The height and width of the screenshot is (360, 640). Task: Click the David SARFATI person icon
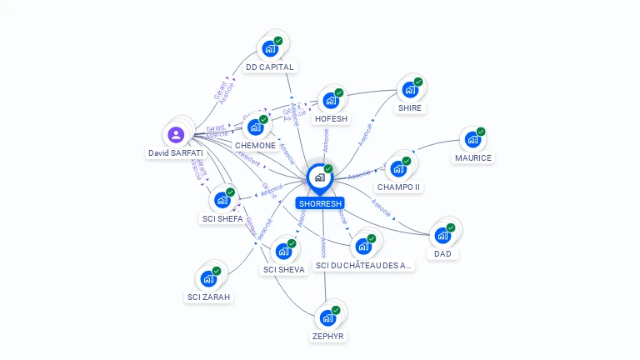tap(176, 134)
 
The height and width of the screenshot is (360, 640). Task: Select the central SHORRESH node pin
tap(319, 177)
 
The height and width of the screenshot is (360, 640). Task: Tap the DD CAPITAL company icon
tap(269, 48)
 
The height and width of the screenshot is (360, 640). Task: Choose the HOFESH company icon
tap(331, 101)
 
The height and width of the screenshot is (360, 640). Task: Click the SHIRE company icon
tap(409, 90)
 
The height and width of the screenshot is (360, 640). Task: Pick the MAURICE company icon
tap(472, 140)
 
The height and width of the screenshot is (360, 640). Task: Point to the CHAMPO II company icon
tap(398, 169)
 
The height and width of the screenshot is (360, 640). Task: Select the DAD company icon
tap(442, 235)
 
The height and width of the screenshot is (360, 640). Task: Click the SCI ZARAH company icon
tap(208, 279)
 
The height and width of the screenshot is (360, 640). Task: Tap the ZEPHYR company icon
tap(327, 318)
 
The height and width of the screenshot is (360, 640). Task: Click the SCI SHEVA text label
tap(283, 269)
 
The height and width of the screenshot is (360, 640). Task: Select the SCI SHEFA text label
tap(222, 219)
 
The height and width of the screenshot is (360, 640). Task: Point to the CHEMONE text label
tap(255, 145)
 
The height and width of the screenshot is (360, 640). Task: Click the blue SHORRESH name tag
tap(319, 202)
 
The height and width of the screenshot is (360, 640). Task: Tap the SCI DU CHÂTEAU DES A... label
tap(363, 265)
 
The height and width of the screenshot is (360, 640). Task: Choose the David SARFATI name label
tap(176, 153)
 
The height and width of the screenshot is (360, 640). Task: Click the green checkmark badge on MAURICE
tap(481, 132)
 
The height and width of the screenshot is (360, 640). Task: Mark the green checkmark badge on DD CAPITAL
tap(278, 41)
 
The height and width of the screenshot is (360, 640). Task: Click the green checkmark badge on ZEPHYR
tap(336, 310)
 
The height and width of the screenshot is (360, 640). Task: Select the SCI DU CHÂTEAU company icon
tap(362, 247)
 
